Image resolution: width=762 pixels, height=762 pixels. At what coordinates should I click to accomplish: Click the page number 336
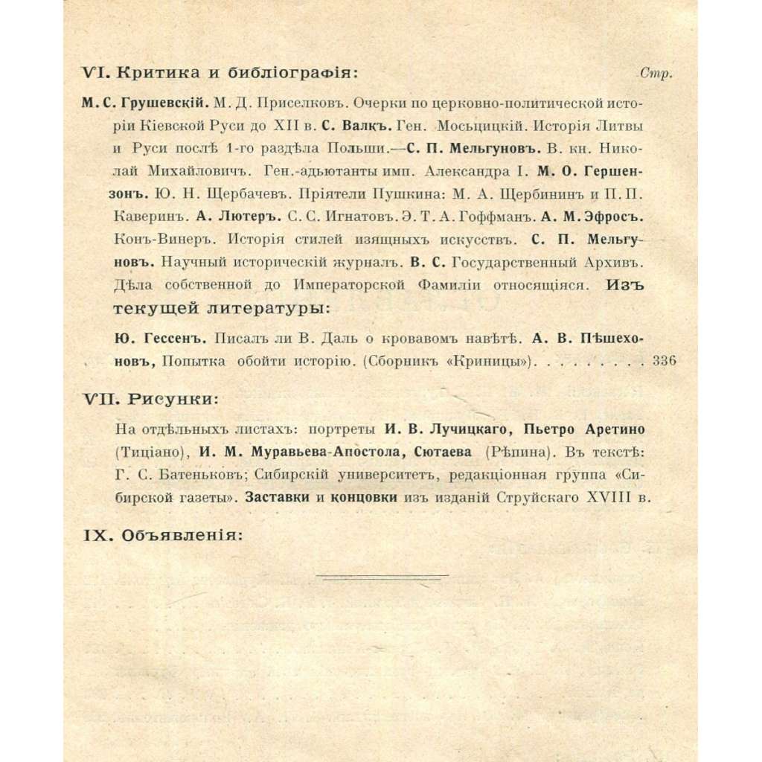coord(662,362)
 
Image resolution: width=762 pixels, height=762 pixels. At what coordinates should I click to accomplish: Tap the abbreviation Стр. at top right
coord(656,74)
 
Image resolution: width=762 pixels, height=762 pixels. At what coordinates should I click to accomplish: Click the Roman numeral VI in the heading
coord(95,73)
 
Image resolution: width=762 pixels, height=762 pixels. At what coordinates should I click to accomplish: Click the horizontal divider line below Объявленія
coord(382,574)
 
